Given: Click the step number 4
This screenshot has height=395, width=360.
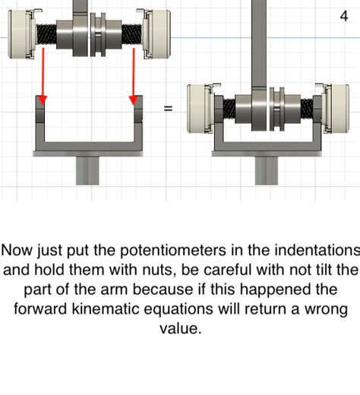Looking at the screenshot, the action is click(x=344, y=16).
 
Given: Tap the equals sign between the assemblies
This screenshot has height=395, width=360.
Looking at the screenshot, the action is click(x=168, y=109).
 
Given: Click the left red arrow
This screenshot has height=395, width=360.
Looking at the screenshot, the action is click(x=43, y=76).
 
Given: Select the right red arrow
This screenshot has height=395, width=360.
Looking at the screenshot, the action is click(x=134, y=76).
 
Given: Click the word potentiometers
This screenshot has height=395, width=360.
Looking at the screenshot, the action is click(x=172, y=251).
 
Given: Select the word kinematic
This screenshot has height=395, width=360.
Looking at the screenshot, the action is click(x=105, y=309).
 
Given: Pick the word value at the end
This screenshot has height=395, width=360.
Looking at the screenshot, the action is click(x=180, y=328).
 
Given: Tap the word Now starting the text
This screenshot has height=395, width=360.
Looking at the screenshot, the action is click(x=17, y=251).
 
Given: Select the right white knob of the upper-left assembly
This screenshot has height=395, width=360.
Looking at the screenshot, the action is click(x=157, y=34).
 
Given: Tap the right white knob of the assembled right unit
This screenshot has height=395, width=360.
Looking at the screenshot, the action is click(x=336, y=109).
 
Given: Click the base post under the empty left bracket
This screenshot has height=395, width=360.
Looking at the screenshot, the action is click(x=87, y=170).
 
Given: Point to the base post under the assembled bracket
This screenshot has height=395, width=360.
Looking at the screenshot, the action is click(x=267, y=170).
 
